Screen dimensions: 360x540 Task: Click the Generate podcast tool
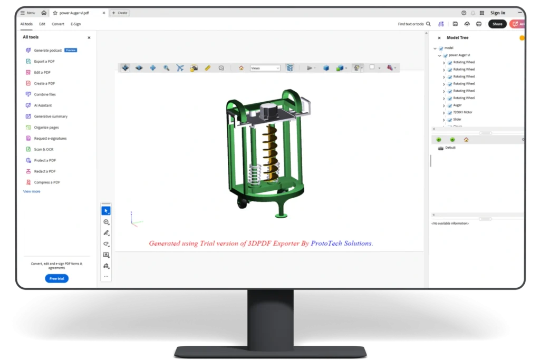click(48, 51)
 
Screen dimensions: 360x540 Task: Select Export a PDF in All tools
click(44, 62)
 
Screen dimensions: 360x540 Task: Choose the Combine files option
click(45, 94)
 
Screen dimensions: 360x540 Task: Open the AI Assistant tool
click(43, 105)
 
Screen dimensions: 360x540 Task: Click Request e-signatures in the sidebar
click(50, 139)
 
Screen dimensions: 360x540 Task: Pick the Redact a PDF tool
click(45, 171)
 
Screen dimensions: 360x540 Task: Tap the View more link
click(32, 192)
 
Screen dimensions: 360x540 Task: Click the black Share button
click(497, 24)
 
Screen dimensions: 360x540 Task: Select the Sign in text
click(497, 13)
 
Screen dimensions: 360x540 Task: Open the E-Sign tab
click(76, 24)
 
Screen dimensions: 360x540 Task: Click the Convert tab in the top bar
click(58, 24)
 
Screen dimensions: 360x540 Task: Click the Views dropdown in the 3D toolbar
click(265, 68)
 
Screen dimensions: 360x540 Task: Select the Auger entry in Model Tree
click(457, 105)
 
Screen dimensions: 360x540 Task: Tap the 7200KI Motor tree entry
click(462, 112)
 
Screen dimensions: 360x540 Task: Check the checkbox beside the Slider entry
click(450, 120)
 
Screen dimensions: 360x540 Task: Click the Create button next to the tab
click(120, 13)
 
